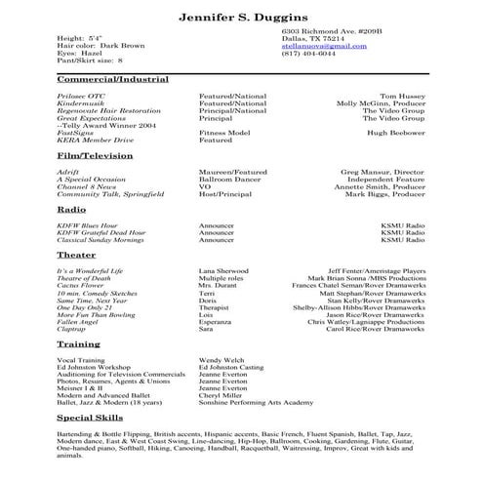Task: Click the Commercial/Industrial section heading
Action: (x=112, y=79)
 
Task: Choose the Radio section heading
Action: (x=71, y=210)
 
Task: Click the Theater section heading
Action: (x=76, y=255)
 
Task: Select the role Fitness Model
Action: (x=225, y=132)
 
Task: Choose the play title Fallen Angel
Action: (x=78, y=322)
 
